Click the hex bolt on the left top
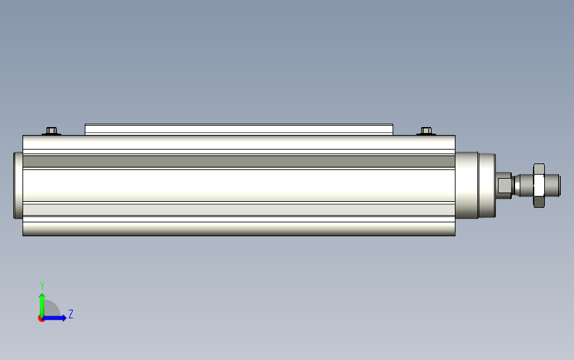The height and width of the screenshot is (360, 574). click(x=52, y=131)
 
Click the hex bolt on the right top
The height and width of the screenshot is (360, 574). click(x=426, y=131)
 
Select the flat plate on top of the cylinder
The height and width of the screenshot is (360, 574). click(x=239, y=130)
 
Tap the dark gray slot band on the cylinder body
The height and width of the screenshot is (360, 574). click(x=239, y=161)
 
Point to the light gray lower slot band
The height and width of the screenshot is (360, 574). click(x=239, y=210)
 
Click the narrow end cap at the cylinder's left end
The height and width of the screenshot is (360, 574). click(x=18, y=185)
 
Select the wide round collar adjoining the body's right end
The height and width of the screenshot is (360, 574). click(x=467, y=185)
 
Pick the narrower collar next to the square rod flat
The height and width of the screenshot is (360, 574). click(x=487, y=185)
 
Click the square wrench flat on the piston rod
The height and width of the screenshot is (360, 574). click(x=504, y=185)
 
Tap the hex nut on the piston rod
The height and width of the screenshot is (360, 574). click(x=539, y=185)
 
